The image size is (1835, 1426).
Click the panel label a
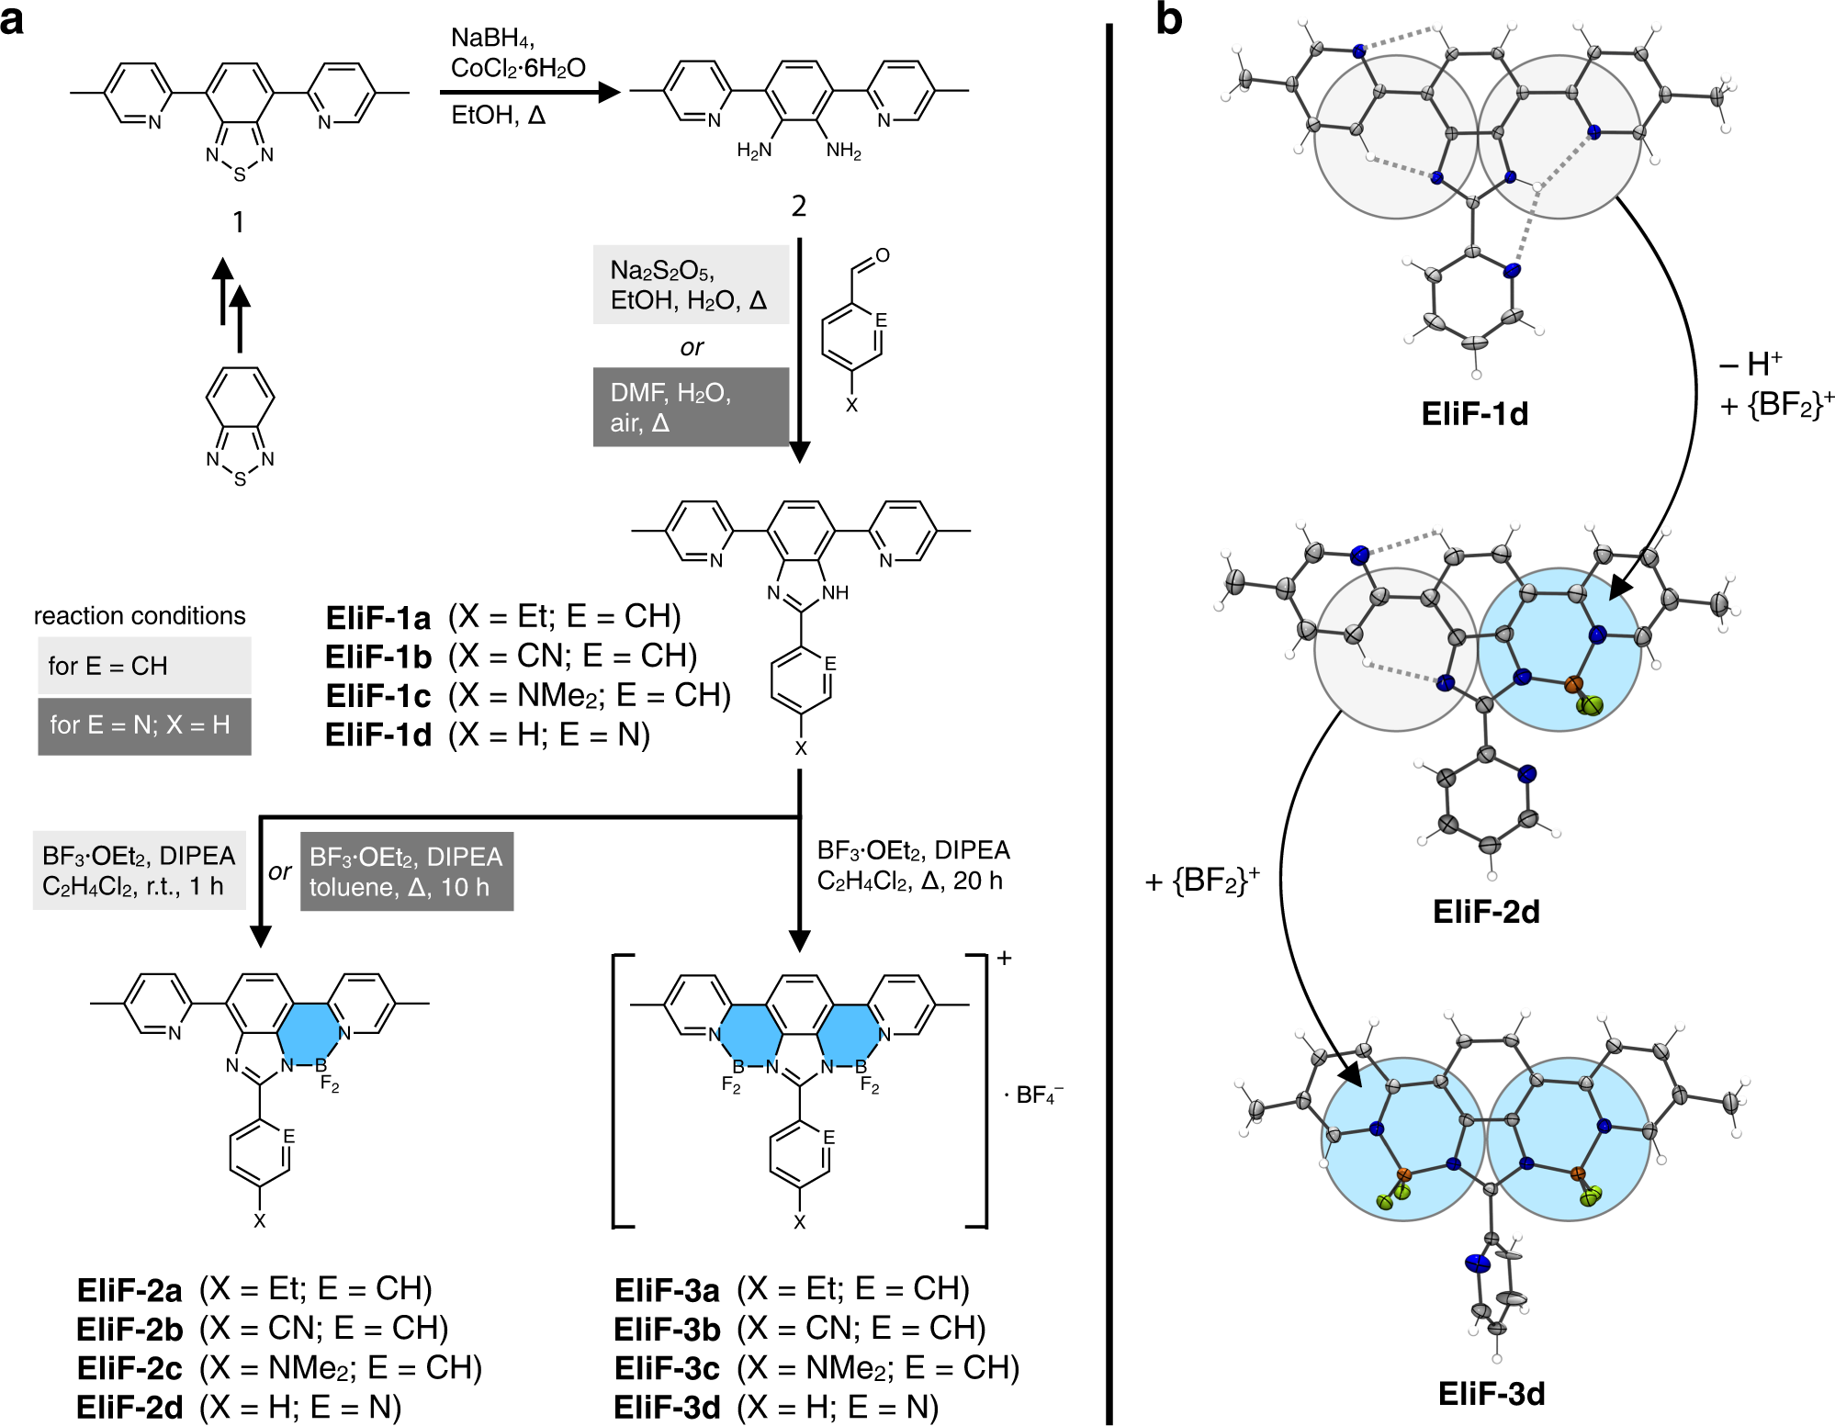pos(13,20)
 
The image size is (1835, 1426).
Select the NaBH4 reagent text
pos(492,38)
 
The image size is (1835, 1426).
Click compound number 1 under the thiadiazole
pos(239,221)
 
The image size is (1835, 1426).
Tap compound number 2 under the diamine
pos(799,206)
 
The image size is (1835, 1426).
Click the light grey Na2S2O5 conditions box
pos(691,285)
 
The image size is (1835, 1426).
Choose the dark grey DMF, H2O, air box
pos(691,408)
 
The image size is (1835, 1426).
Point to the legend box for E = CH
pos(144,666)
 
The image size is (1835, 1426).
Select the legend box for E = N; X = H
pos(144,725)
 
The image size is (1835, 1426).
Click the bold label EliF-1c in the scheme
pos(378,696)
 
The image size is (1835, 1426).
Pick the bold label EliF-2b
pos(129,1329)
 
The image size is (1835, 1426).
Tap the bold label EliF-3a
pos(667,1290)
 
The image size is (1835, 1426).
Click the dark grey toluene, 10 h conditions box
pos(407,871)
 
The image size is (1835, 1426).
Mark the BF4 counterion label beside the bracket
pos(1034,1095)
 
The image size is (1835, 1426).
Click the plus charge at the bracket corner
pos(1005,959)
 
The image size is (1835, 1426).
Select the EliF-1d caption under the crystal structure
pos(1475,414)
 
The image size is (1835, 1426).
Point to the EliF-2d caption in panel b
pos(1486,912)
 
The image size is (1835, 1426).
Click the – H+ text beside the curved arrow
pos(1751,365)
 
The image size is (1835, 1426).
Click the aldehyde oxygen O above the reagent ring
pos(883,255)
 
